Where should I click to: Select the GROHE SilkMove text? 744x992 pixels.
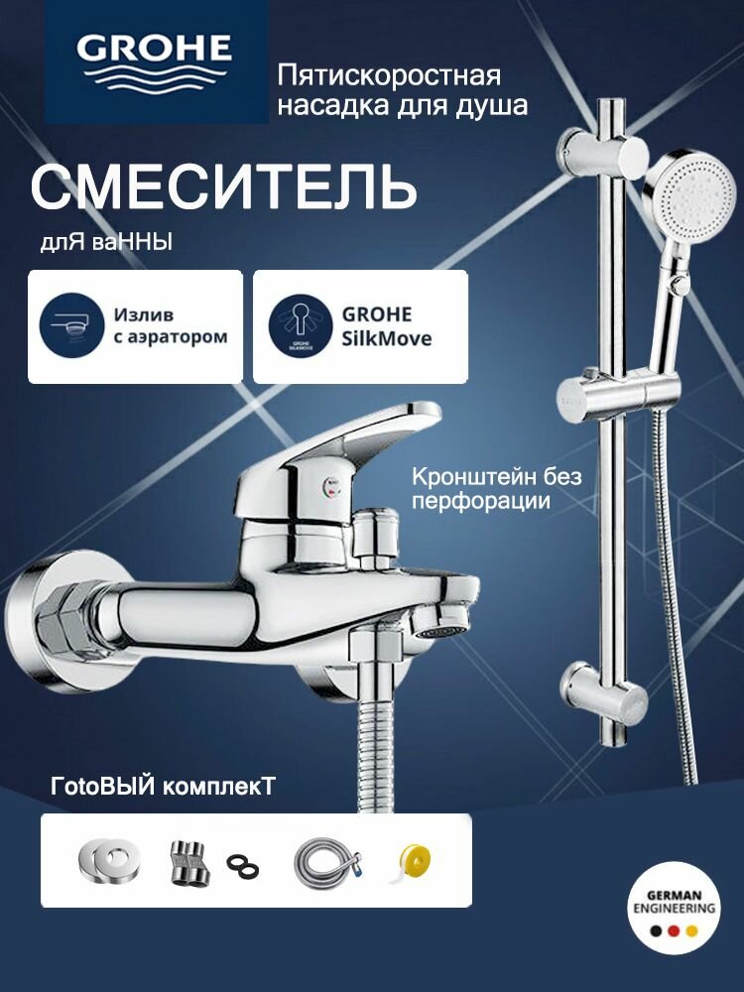pyautogui.click(x=387, y=325)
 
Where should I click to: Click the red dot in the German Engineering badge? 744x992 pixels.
pyautogui.click(x=676, y=932)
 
